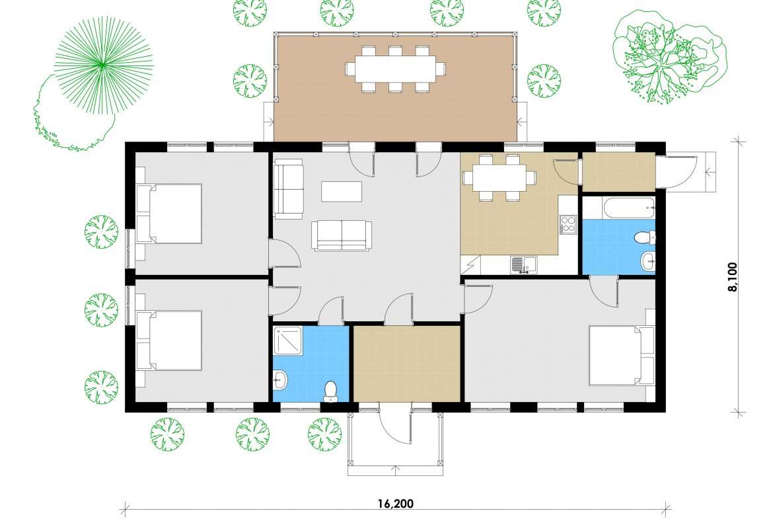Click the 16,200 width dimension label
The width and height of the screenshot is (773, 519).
tap(395, 504)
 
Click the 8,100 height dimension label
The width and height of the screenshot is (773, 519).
tap(733, 277)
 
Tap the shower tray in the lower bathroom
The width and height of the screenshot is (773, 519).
tap(288, 340)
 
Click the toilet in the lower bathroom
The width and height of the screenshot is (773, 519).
tap(330, 391)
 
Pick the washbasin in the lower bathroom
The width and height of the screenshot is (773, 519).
tap(280, 380)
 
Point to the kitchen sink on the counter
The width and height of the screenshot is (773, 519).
tap(523, 264)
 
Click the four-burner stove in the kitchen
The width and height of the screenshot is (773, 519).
tap(568, 225)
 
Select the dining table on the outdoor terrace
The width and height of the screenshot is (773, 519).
tap(395, 69)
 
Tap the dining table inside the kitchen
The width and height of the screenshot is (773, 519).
tap(499, 178)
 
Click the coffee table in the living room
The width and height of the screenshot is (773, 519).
tap(342, 192)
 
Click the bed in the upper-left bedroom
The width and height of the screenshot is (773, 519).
tap(169, 214)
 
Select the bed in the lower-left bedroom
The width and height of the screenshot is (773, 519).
tap(169, 340)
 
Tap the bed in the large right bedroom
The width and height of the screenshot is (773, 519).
tap(622, 355)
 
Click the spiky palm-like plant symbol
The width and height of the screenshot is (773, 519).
tap(103, 64)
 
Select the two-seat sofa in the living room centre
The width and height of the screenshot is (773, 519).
tap(342, 236)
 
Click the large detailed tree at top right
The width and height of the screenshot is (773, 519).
tap(669, 57)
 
